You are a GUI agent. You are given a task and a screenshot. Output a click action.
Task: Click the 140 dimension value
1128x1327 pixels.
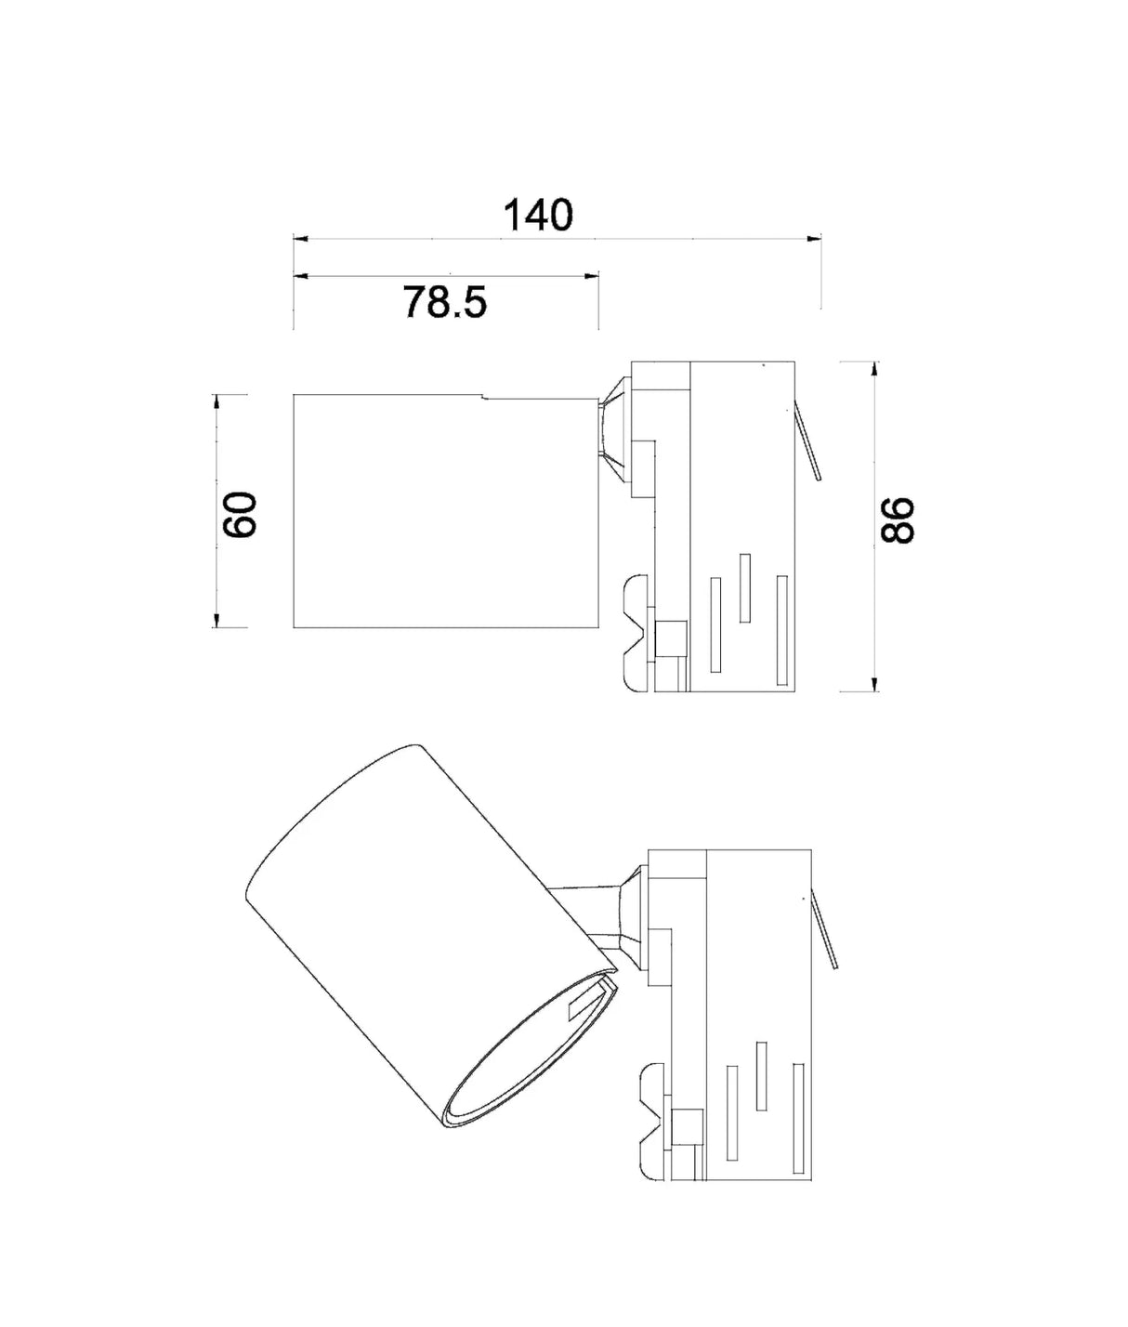tap(538, 216)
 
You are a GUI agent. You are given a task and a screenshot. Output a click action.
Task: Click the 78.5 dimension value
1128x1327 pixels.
tap(445, 302)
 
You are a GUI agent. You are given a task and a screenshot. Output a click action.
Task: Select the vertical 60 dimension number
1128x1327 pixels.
tap(241, 514)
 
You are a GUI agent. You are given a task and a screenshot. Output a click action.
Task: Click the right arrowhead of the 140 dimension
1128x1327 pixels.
tap(814, 240)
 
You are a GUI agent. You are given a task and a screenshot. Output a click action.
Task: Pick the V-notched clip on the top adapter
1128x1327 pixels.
tap(637, 633)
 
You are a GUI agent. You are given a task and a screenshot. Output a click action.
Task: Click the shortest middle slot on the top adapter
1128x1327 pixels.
tap(744, 588)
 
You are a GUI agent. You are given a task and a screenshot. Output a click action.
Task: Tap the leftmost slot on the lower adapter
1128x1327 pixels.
tap(732, 1112)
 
